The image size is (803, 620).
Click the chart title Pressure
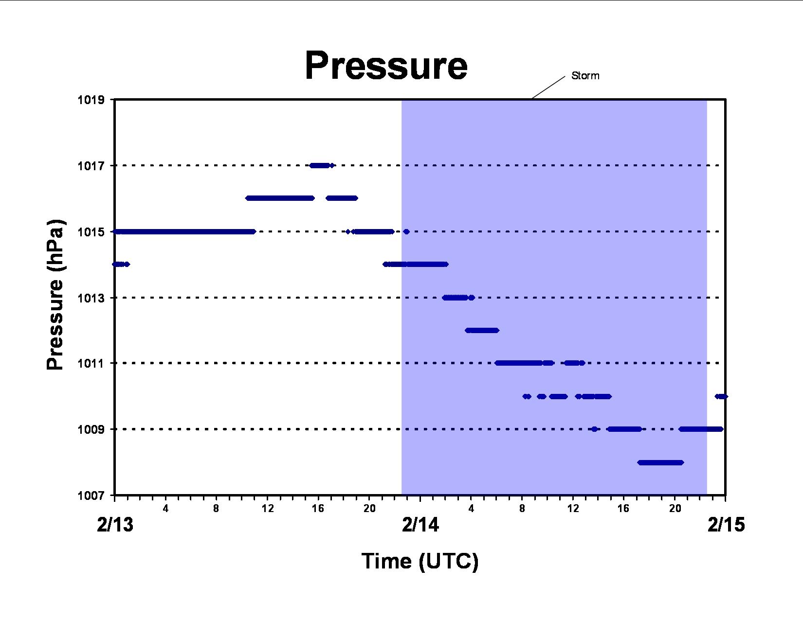386,66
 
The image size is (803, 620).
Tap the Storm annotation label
585,76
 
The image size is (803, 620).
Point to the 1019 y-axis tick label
91,100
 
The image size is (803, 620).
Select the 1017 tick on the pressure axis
91,166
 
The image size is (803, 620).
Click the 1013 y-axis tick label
91,298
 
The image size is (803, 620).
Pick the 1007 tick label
91,495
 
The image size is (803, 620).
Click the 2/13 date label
115,524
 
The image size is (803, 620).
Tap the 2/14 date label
420,524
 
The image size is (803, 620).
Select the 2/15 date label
726,524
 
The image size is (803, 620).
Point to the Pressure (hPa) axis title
55,295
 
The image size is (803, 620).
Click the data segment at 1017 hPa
322,165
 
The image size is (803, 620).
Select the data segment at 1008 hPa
661,463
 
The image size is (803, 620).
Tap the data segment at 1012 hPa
482,330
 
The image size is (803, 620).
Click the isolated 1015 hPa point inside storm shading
406,231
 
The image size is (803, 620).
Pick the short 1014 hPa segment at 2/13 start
121,264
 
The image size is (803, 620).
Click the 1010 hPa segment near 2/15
721,397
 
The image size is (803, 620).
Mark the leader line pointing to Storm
549,88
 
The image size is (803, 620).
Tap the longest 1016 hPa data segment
280,198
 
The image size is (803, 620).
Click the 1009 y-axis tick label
91,429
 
